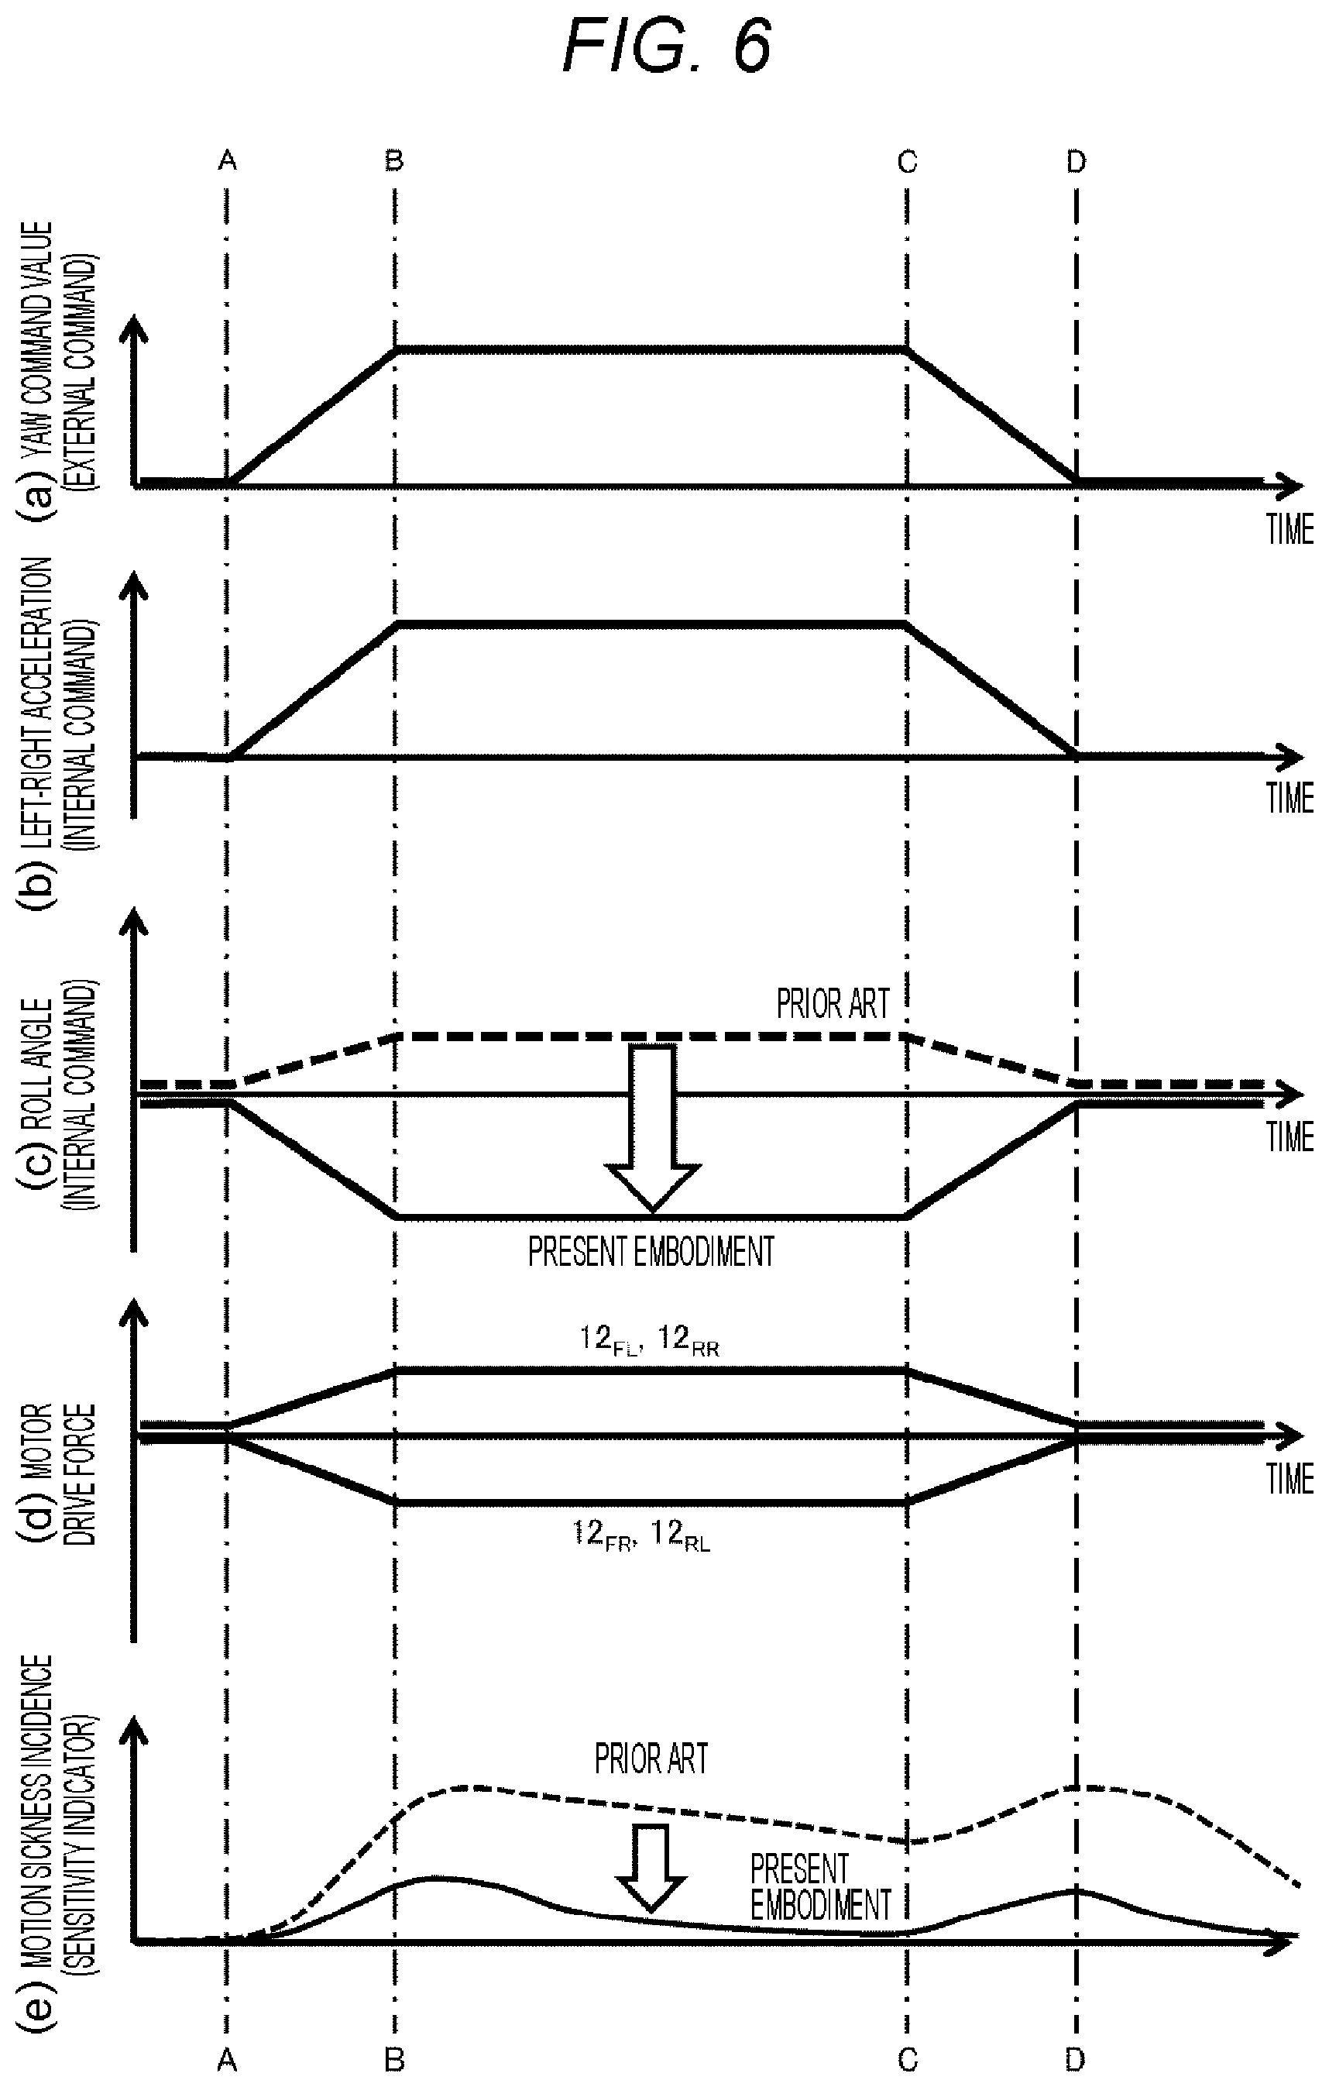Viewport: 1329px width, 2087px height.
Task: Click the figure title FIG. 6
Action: (666, 45)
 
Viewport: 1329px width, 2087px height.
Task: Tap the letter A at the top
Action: (227, 160)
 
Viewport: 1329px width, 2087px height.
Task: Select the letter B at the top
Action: (394, 160)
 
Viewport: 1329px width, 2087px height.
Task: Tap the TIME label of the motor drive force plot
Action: (1290, 1480)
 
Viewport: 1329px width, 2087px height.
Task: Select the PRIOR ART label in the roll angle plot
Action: (833, 1005)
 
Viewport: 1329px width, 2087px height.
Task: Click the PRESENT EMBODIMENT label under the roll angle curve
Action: (651, 1252)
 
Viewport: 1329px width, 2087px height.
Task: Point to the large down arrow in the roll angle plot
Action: (652, 1126)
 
